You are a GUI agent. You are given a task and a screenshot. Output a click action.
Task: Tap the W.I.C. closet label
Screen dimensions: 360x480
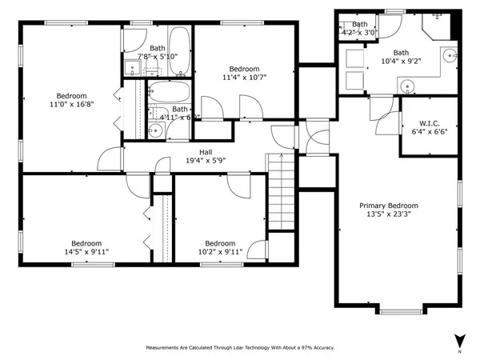(430, 124)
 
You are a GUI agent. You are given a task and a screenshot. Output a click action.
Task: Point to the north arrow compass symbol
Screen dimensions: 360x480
(459, 339)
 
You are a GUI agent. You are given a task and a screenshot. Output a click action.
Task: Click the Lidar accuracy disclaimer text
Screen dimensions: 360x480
(239, 348)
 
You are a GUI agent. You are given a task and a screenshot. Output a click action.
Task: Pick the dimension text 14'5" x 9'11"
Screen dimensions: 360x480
(86, 252)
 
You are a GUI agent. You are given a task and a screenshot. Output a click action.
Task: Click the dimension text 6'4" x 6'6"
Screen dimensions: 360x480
(430, 133)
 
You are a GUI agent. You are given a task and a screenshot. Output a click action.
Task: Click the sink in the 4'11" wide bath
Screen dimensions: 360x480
(155, 129)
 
